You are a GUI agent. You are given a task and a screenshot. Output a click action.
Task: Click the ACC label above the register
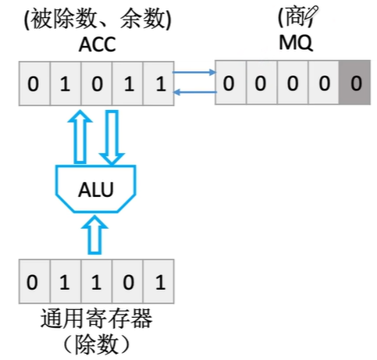[96, 45]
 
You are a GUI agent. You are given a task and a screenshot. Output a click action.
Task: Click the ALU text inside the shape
[95, 187]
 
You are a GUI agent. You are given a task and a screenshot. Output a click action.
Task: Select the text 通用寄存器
[94, 320]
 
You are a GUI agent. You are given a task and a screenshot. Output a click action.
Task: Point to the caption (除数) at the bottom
[94, 344]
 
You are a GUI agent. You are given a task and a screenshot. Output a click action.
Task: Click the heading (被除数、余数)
[96, 16]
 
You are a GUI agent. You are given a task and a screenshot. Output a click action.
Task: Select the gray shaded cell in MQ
[355, 83]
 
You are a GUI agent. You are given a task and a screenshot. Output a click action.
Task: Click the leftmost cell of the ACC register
[34, 84]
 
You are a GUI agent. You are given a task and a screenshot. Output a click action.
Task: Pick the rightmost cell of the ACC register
[159, 84]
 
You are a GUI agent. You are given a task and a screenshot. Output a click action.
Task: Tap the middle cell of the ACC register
[96, 84]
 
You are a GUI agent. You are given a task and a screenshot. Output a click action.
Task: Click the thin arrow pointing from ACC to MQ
[193, 74]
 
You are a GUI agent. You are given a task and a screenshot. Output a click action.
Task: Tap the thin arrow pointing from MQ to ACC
[193, 92]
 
